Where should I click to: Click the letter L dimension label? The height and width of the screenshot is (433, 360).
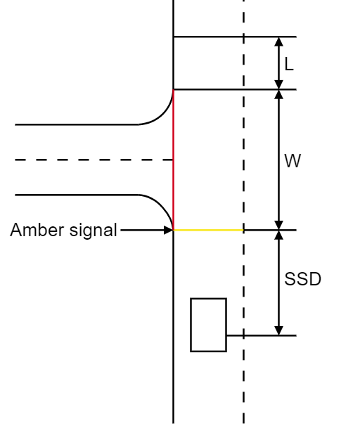(x=288, y=65)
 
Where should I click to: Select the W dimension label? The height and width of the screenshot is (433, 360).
(x=292, y=161)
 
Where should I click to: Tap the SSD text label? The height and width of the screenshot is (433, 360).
(x=302, y=279)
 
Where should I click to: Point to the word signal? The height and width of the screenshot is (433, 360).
(x=92, y=230)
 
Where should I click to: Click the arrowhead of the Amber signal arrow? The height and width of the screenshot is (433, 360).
(x=169, y=230)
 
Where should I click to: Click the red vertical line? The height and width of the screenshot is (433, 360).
(x=174, y=162)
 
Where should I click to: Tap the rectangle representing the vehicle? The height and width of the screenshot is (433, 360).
(x=208, y=324)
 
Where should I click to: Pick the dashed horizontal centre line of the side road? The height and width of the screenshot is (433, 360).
(x=91, y=160)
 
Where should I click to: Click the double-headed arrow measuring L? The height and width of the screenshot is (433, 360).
(x=279, y=63)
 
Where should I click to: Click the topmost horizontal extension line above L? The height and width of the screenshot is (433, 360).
(x=232, y=37)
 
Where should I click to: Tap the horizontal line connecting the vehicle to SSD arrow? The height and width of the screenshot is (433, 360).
(x=260, y=335)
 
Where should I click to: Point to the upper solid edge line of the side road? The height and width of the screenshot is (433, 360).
(x=77, y=124)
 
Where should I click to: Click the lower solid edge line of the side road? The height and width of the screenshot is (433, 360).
(x=77, y=195)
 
